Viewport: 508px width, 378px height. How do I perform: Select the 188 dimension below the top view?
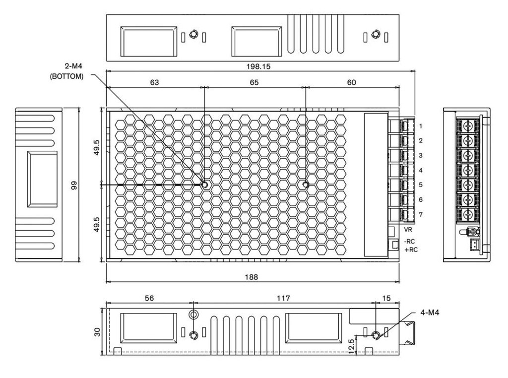point(252,277)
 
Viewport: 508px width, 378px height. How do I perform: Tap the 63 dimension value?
point(154,82)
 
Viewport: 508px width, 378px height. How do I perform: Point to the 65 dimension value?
point(254,82)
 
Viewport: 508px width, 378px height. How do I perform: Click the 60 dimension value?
point(351,82)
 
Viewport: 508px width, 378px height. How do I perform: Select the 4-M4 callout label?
point(430,313)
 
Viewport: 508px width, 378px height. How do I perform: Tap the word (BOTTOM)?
point(66,76)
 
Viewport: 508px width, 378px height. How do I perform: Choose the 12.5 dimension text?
point(351,346)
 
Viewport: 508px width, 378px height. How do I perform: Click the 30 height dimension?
point(97,331)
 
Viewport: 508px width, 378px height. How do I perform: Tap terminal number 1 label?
point(420,126)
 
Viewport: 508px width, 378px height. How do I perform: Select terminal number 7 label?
point(420,215)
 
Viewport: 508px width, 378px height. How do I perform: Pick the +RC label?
point(411,250)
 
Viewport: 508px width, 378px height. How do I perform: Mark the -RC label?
point(410,242)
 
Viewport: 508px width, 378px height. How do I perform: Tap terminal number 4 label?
point(420,170)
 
